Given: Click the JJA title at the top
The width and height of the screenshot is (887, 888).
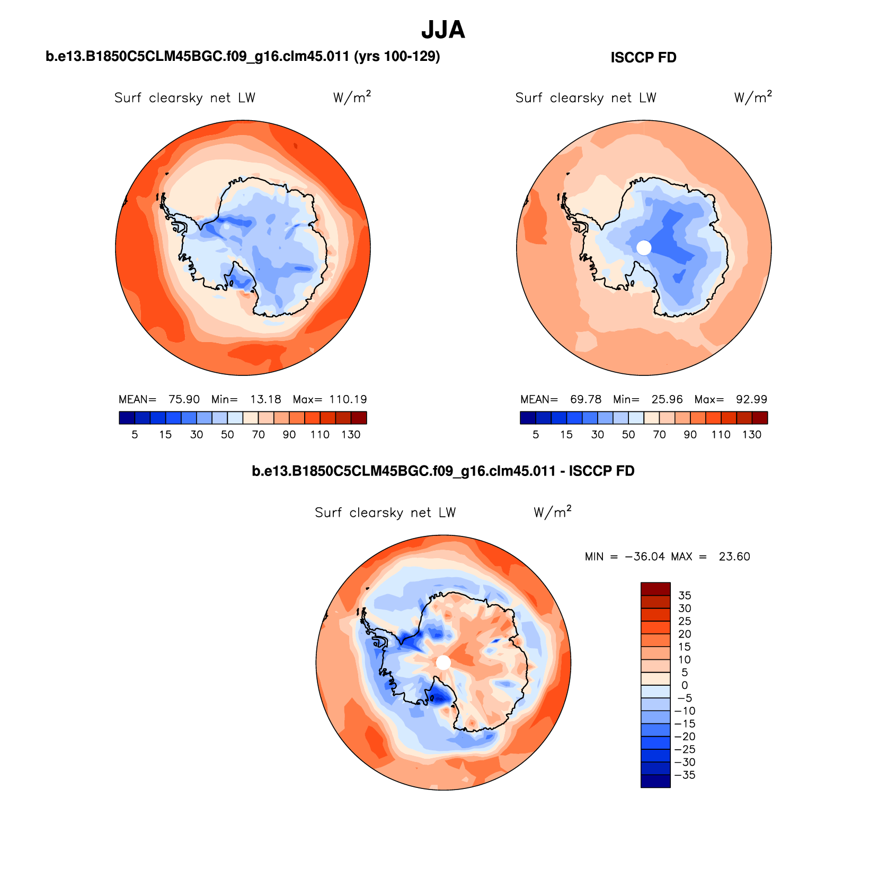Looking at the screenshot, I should [x=443, y=30].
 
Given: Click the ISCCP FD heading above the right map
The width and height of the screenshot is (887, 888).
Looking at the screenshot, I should [x=643, y=57].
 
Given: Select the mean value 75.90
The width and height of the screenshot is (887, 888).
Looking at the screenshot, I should [x=184, y=399].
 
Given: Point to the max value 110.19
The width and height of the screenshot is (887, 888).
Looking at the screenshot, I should [x=348, y=399].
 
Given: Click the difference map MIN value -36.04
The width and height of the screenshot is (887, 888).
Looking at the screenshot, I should [x=645, y=557].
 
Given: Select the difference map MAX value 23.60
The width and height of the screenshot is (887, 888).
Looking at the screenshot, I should [x=734, y=557].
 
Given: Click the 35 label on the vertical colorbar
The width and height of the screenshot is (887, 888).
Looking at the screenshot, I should [x=685, y=596].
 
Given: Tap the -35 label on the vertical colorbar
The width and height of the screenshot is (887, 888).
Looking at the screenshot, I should [x=685, y=775].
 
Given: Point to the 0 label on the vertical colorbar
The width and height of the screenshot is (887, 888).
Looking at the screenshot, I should [x=685, y=685].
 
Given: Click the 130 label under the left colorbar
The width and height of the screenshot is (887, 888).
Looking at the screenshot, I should [x=351, y=435].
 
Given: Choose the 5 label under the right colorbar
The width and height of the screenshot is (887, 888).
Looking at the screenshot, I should [x=536, y=435].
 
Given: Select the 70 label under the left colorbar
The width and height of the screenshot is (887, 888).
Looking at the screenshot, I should [x=259, y=435].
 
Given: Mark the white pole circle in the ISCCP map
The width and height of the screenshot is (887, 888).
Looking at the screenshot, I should [x=644, y=248].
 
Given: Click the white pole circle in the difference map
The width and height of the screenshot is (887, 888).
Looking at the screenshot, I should [x=443, y=662].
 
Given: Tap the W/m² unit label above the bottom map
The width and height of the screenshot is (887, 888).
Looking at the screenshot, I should [x=552, y=512].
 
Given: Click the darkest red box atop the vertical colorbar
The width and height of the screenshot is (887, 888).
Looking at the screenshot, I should [x=655, y=589].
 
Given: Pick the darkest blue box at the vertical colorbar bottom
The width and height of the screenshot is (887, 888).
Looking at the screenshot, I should [x=655, y=781].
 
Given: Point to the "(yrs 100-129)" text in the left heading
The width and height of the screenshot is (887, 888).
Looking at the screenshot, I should [x=397, y=56].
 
